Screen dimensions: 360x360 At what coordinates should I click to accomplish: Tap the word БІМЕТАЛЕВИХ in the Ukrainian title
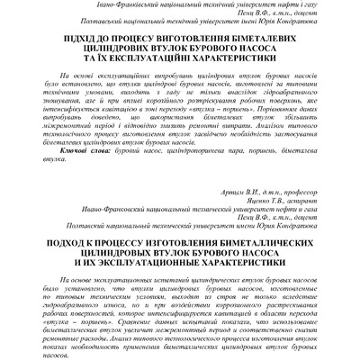click(277, 40)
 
